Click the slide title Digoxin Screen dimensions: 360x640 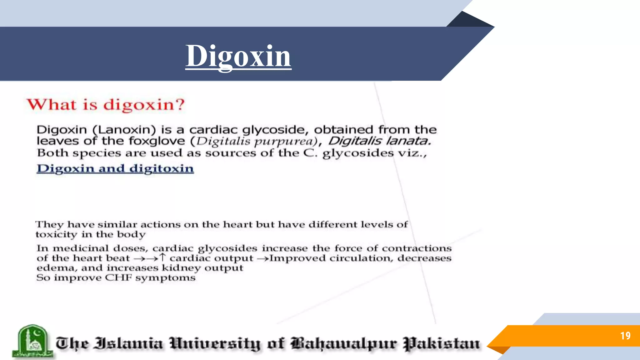tap(238, 56)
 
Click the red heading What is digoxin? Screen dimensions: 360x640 tap(106, 104)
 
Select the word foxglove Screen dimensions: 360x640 tap(157, 141)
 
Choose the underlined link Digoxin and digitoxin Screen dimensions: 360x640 tap(115, 168)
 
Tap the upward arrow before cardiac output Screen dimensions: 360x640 tap(162, 257)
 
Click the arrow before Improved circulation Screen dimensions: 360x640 tap(263, 258)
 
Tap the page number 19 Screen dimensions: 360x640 tap(625, 336)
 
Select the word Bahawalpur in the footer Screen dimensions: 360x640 tap(344, 344)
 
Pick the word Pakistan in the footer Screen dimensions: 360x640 tap(441, 344)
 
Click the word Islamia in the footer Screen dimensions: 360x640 tap(129, 343)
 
